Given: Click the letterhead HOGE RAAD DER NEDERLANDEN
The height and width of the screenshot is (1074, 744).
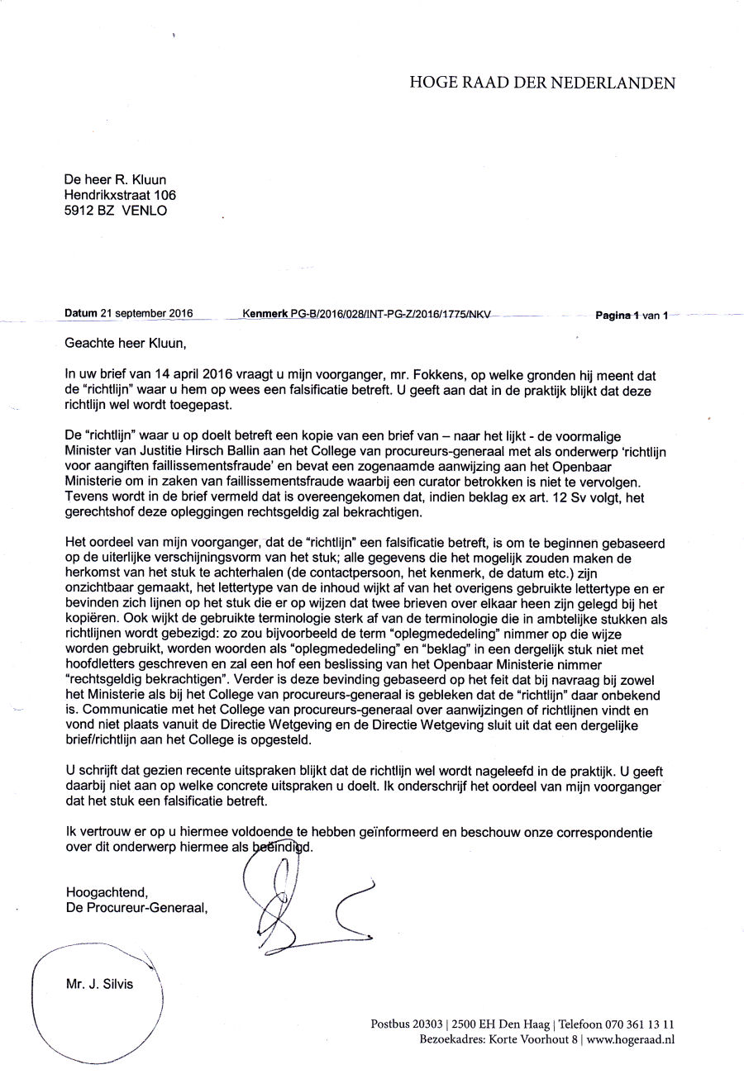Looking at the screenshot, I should point(542,83).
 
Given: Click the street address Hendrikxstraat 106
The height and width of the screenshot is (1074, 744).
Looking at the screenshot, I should point(120,195).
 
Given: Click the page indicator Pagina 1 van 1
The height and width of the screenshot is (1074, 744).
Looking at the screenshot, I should point(632,315).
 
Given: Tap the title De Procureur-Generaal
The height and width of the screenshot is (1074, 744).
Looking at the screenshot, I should point(136,907).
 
